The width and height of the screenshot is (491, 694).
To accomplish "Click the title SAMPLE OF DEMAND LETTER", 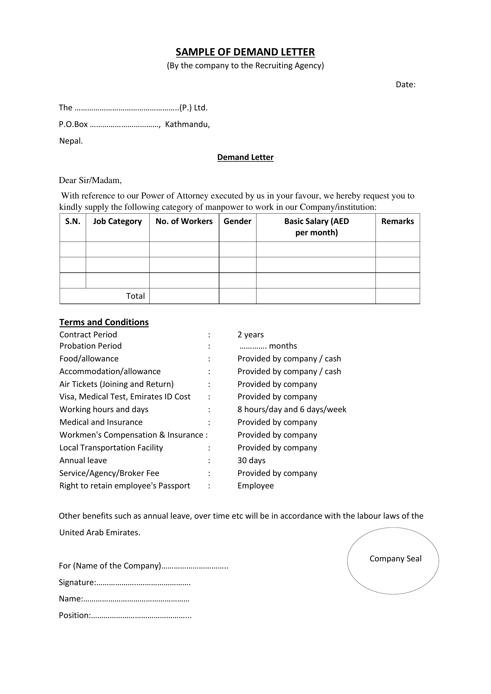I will point(245,52).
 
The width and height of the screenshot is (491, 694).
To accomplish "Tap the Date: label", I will point(406,85).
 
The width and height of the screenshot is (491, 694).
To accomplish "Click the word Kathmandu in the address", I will point(187,124).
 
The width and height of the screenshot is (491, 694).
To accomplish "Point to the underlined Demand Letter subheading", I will point(245,157).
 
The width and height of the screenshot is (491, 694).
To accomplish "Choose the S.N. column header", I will point(73,221).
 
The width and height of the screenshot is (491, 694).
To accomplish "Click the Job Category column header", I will point(117,221).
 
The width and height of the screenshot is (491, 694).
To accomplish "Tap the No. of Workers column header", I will point(184,221).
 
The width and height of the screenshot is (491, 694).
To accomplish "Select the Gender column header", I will point(237,221).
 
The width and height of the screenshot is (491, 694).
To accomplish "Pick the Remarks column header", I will point(397,221).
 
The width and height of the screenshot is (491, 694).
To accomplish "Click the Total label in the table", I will point(135,296).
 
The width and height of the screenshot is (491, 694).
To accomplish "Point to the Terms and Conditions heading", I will point(104,322).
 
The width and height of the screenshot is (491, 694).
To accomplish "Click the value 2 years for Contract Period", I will point(250,335).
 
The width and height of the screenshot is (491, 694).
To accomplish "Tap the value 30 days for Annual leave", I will point(251,460).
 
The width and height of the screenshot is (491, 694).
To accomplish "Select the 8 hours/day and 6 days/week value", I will point(292,409).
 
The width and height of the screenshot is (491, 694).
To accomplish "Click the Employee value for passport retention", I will point(256,485).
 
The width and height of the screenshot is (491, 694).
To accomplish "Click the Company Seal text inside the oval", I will point(395,559).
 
